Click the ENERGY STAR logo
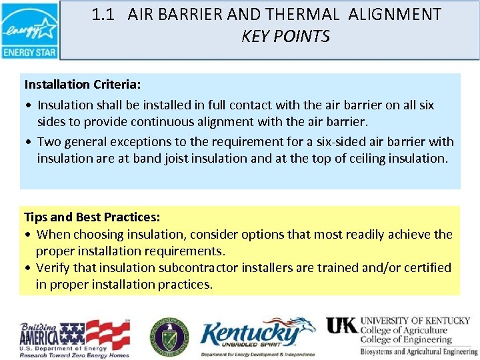click(29, 31)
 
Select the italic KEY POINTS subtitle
click(285, 37)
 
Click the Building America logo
click(74, 339)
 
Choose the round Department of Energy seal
click(169, 336)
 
